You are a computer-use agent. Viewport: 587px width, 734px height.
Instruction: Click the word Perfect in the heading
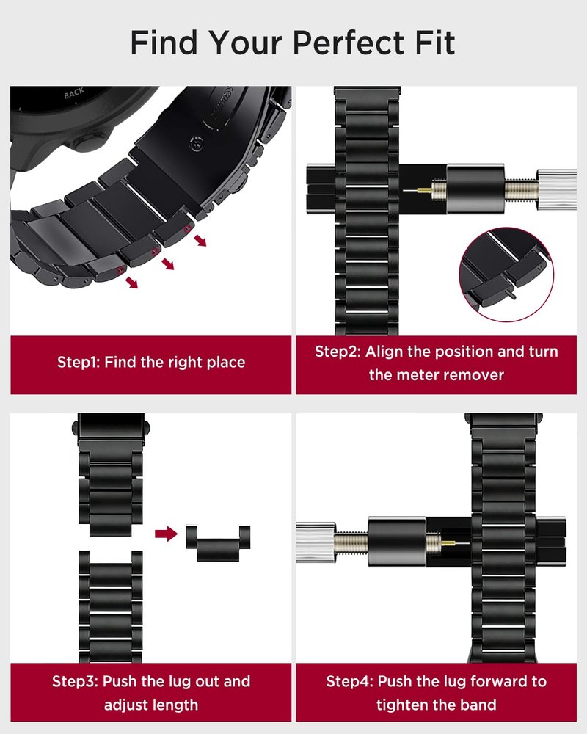pos(349,43)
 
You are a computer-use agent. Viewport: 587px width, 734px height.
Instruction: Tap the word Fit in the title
pos(435,43)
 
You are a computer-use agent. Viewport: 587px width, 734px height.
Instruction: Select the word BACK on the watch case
pos(74,94)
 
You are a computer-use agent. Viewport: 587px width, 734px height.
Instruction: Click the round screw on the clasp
pos(196,145)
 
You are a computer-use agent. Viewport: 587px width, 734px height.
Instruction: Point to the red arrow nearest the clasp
pos(200,241)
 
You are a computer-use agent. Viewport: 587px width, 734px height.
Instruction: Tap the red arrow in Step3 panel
pos(166,534)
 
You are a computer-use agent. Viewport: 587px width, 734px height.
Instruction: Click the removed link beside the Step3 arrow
pos(218,543)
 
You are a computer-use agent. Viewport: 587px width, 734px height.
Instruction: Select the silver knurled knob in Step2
pos(556,189)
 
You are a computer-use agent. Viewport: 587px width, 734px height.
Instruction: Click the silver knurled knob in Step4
pos(316,542)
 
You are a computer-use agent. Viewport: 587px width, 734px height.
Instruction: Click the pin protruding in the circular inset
pos(512,295)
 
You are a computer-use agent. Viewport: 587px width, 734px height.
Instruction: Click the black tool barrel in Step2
pos(475,189)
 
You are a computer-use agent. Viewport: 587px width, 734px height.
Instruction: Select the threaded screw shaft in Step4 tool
pos(351,542)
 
